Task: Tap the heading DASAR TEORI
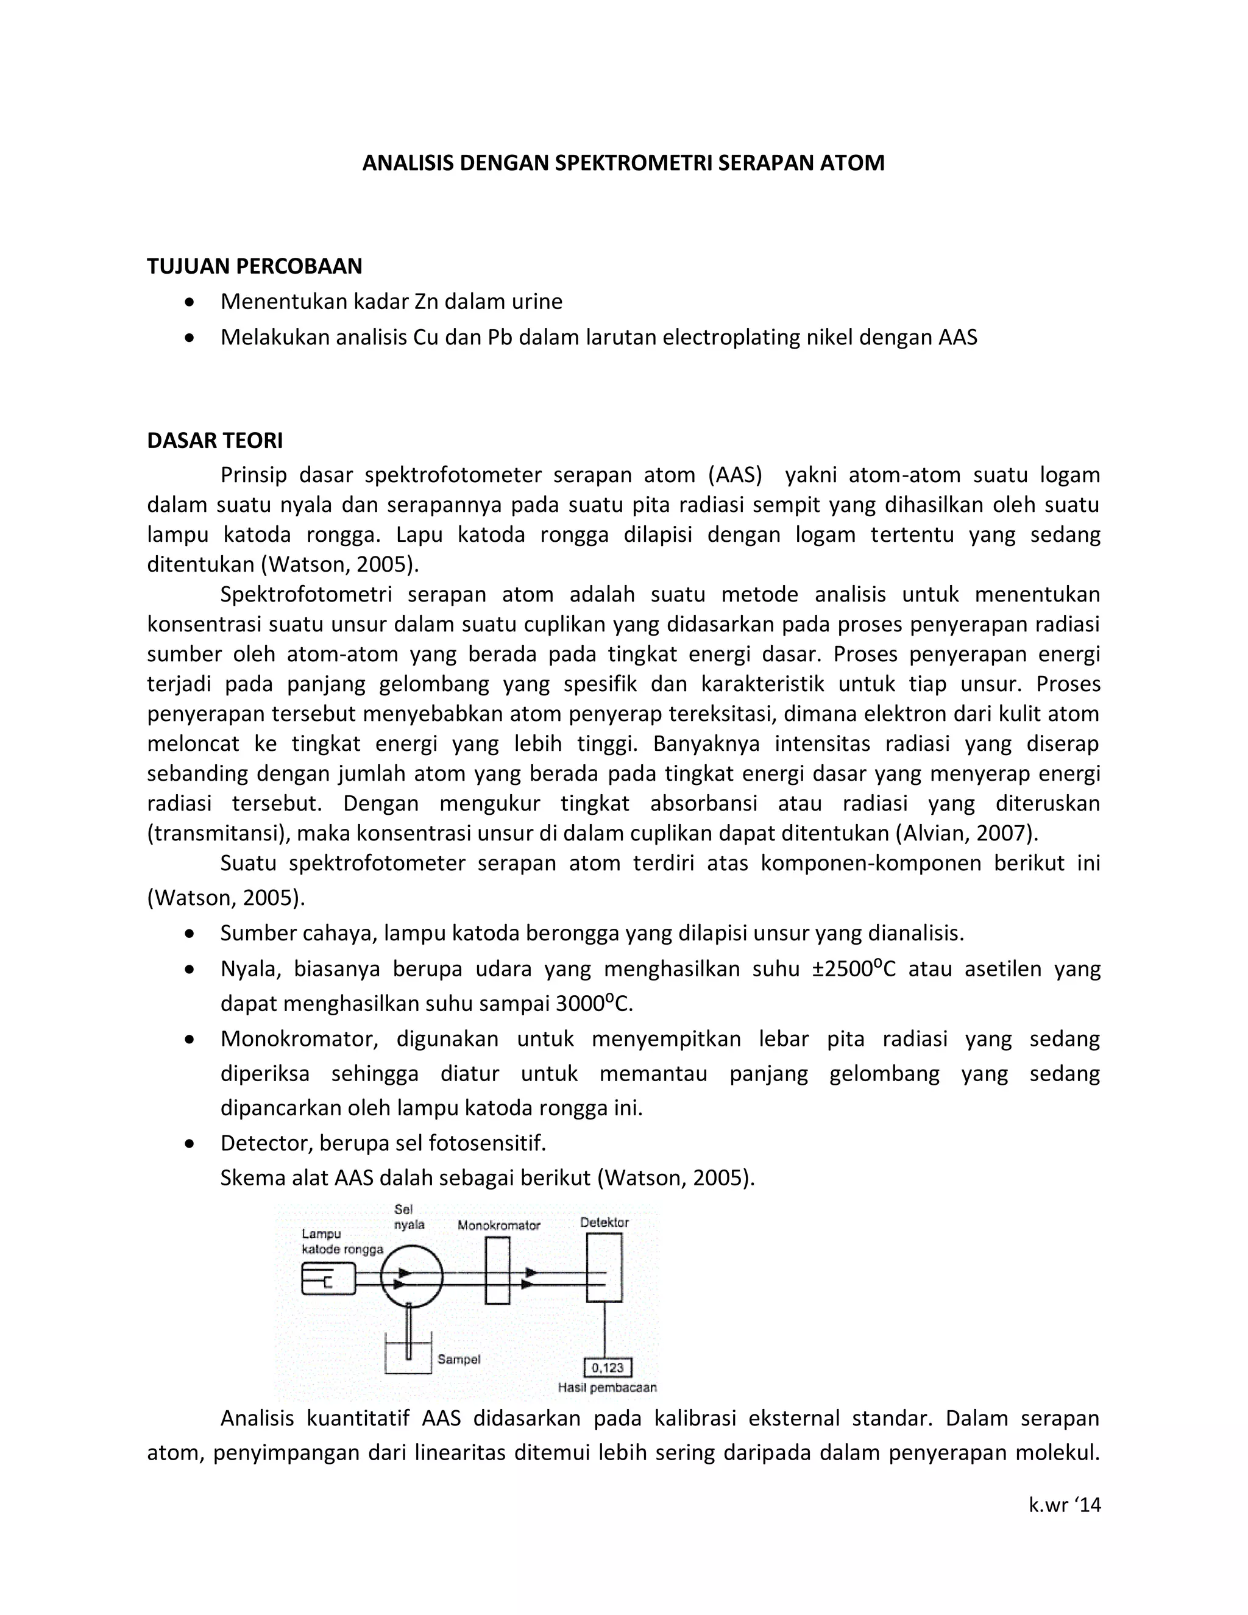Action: [x=214, y=441]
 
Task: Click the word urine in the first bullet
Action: [x=537, y=302]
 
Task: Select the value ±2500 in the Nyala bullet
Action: [x=848, y=970]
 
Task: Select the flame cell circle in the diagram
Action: [x=412, y=1278]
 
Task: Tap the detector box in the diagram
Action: [x=604, y=1268]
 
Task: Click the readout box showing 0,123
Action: [x=608, y=1368]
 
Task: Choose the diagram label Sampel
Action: [x=458, y=1359]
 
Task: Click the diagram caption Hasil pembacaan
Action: [x=607, y=1388]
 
